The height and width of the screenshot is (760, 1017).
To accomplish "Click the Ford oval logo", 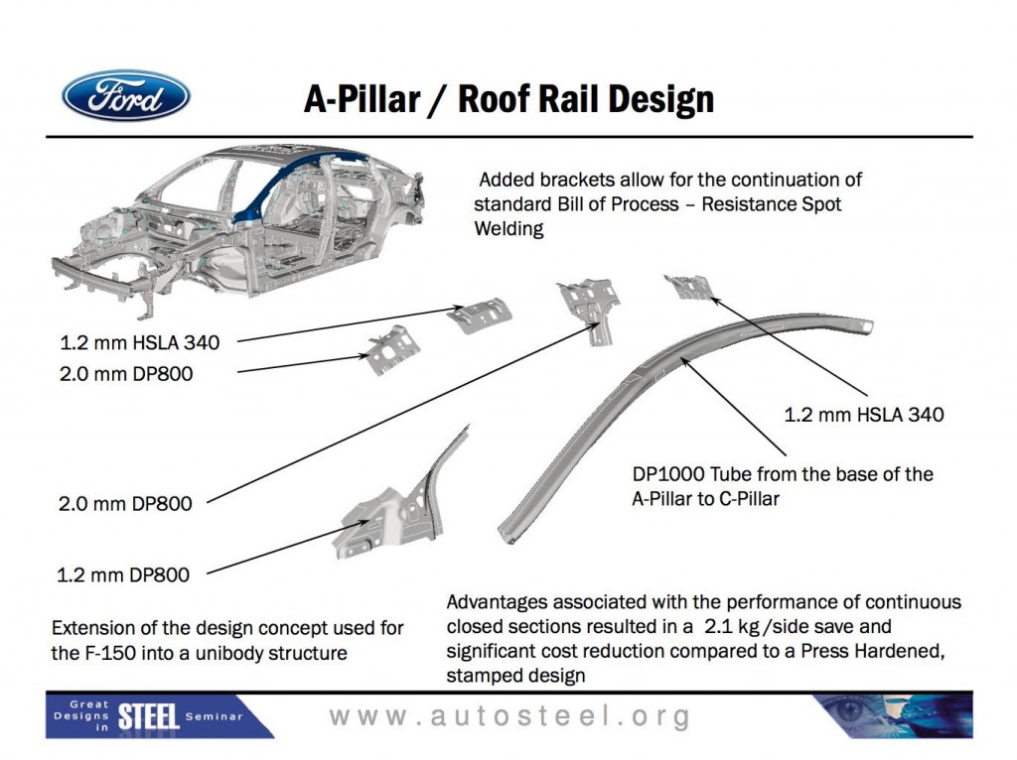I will (126, 95).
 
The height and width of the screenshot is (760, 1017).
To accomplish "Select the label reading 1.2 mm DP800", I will (125, 572).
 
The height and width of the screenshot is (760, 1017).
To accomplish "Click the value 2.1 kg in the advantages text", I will (738, 627).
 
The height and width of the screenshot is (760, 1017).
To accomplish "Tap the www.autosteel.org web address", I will (509, 716).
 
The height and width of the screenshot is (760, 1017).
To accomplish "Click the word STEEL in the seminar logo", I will (148, 716).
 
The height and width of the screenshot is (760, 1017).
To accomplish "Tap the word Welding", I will (508, 229).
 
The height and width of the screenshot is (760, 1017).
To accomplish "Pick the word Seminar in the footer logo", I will (213, 716).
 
